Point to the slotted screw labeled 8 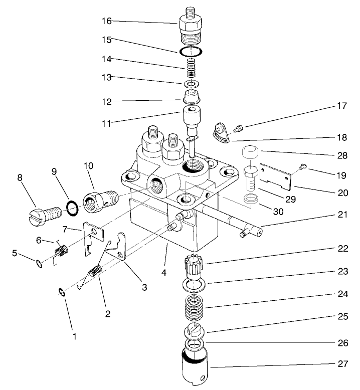coord(45,212)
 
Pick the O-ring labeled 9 coord(72,207)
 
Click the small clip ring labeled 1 coord(62,293)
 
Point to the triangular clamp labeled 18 coord(219,132)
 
